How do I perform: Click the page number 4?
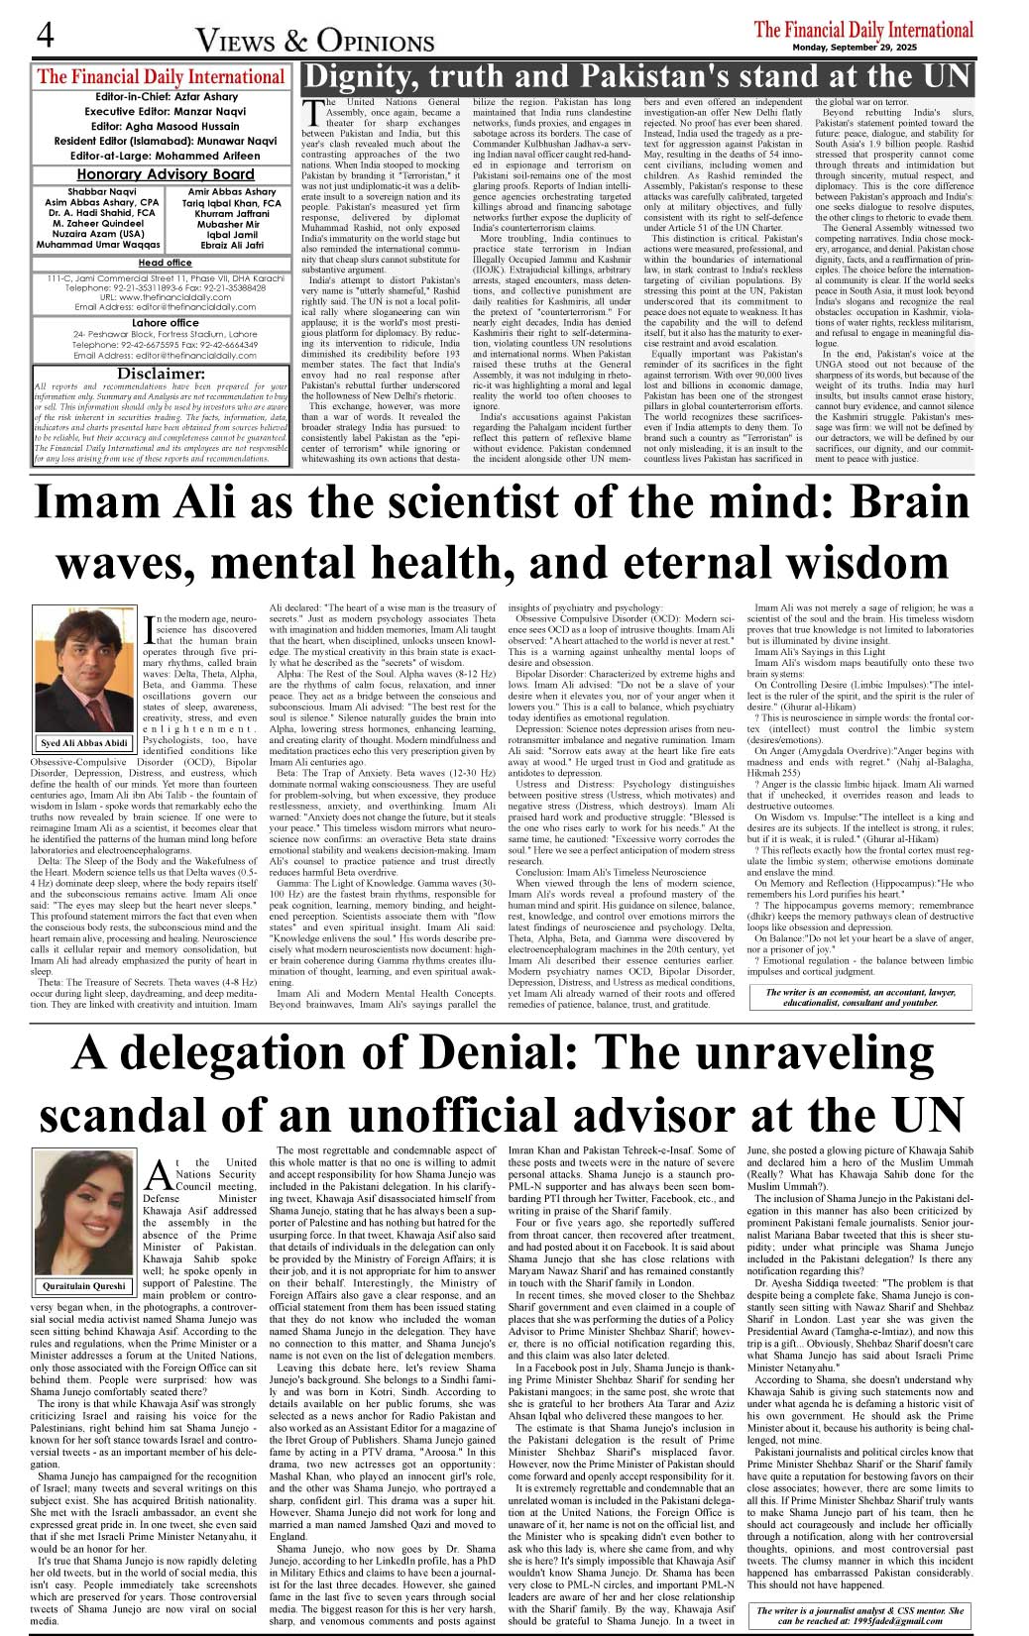pos(46,36)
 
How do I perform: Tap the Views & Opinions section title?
pos(315,41)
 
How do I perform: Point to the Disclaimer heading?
pos(161,374)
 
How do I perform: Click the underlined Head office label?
pos(166,263)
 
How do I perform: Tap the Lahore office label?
pos(166,323)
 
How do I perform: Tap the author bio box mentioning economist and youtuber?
pos(859,997)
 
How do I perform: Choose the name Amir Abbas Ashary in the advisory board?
pos(232,191)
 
